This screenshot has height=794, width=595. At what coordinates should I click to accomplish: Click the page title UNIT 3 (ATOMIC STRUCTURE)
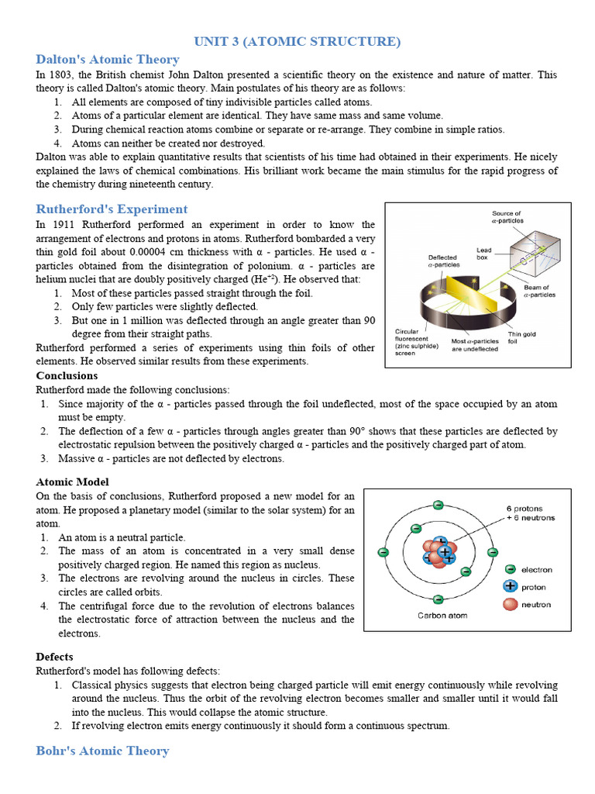297,41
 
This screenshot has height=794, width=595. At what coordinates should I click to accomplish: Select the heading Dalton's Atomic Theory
108,60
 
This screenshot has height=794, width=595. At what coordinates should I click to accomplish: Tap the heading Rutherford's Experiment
112,209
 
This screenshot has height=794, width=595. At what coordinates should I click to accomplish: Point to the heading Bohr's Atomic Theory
102,751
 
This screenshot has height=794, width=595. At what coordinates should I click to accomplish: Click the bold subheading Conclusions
67,375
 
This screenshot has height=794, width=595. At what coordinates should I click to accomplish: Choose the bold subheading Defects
54,657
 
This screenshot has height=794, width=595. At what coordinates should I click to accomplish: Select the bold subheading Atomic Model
70,482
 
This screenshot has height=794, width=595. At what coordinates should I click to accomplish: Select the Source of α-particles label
507,217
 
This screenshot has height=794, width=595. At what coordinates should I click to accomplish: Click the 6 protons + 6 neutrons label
531,513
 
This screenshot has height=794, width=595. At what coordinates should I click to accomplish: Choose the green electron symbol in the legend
511,569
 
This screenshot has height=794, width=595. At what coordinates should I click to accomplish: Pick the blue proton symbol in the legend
511,587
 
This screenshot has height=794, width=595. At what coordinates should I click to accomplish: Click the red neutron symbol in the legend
511,604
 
